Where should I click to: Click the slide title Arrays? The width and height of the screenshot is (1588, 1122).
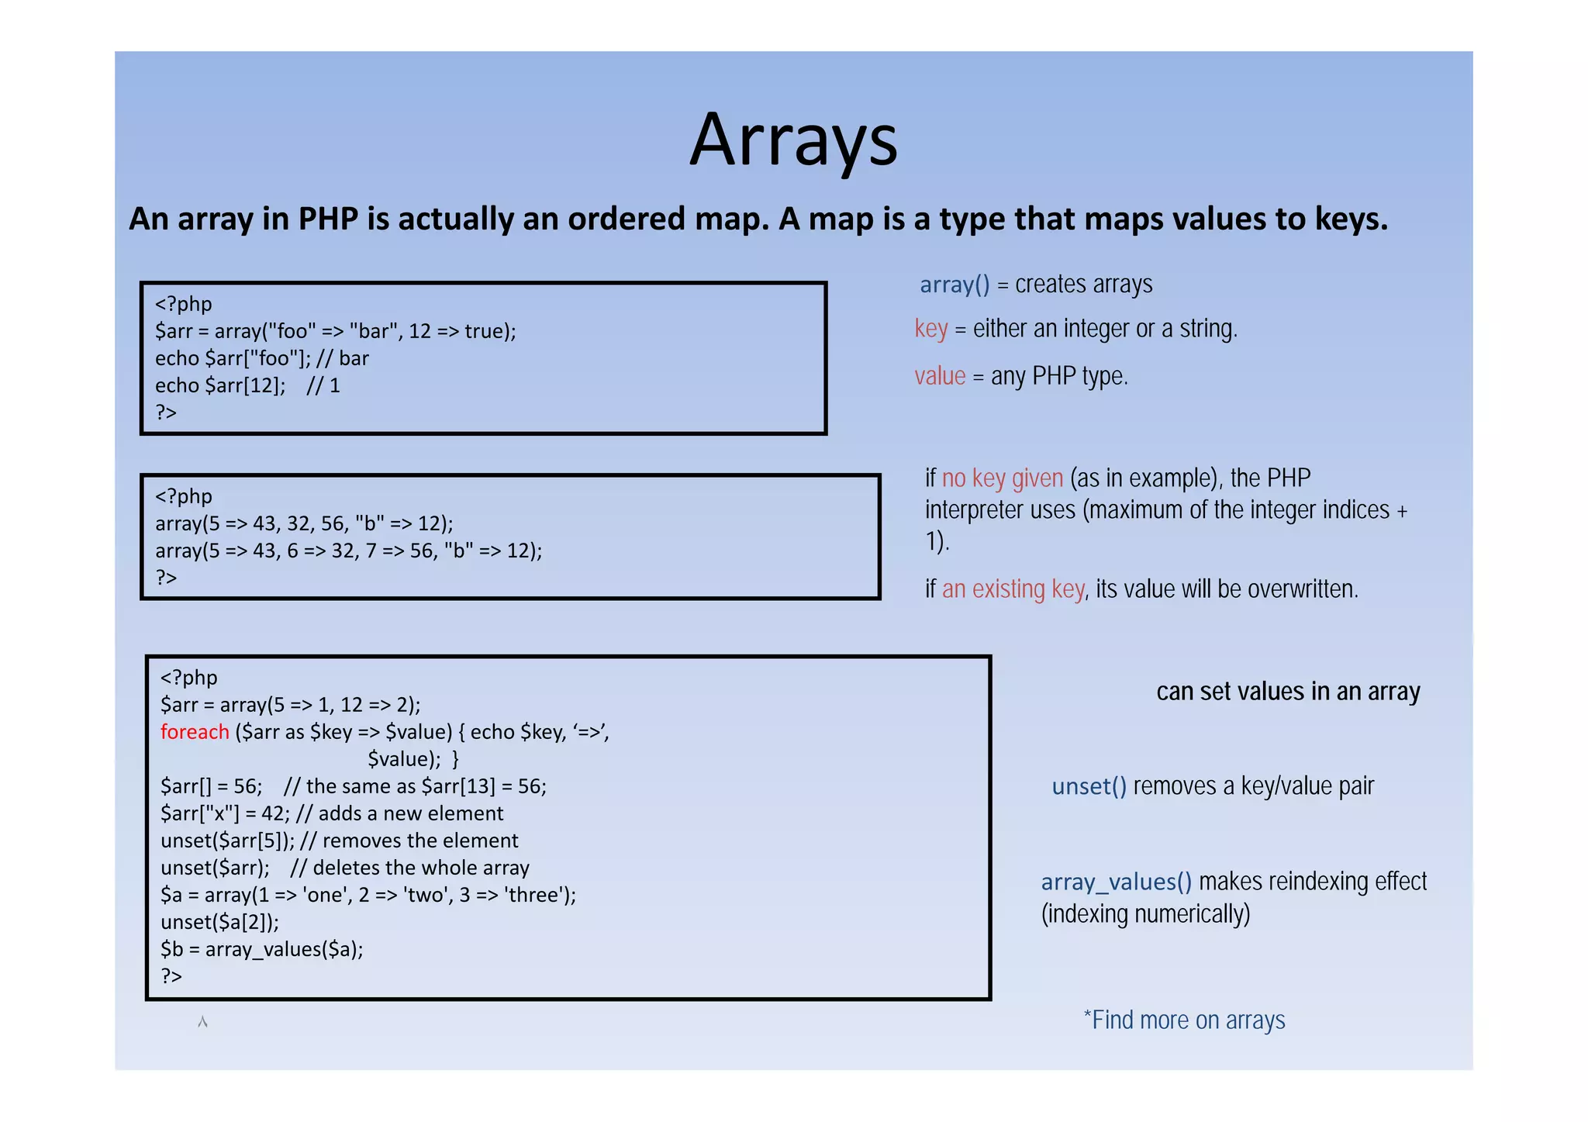793,140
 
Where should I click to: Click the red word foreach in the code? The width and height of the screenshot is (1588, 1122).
195,732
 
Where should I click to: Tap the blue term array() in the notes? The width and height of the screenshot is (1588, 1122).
954,285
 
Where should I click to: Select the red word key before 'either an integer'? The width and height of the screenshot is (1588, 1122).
930,329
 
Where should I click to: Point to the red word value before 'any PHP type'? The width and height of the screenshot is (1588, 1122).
940,376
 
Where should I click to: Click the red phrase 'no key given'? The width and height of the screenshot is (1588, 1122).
1002,478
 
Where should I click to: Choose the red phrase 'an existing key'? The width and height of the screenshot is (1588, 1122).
1013,589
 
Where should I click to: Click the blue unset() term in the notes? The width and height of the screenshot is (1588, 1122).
1089,786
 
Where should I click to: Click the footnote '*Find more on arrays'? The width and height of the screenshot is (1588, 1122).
1183,1020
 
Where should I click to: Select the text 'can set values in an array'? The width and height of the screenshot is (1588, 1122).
1287,691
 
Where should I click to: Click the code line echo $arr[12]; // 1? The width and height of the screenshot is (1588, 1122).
247,385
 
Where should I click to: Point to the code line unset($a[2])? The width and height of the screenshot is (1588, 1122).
219,922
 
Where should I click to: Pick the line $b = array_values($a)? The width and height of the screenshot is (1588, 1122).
261,949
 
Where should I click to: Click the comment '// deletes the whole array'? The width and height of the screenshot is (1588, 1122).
409,868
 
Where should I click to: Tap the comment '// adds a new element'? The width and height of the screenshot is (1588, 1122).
399,813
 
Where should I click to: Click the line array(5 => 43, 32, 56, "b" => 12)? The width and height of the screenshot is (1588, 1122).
304,523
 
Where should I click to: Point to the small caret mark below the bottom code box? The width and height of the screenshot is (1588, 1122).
202,1022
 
